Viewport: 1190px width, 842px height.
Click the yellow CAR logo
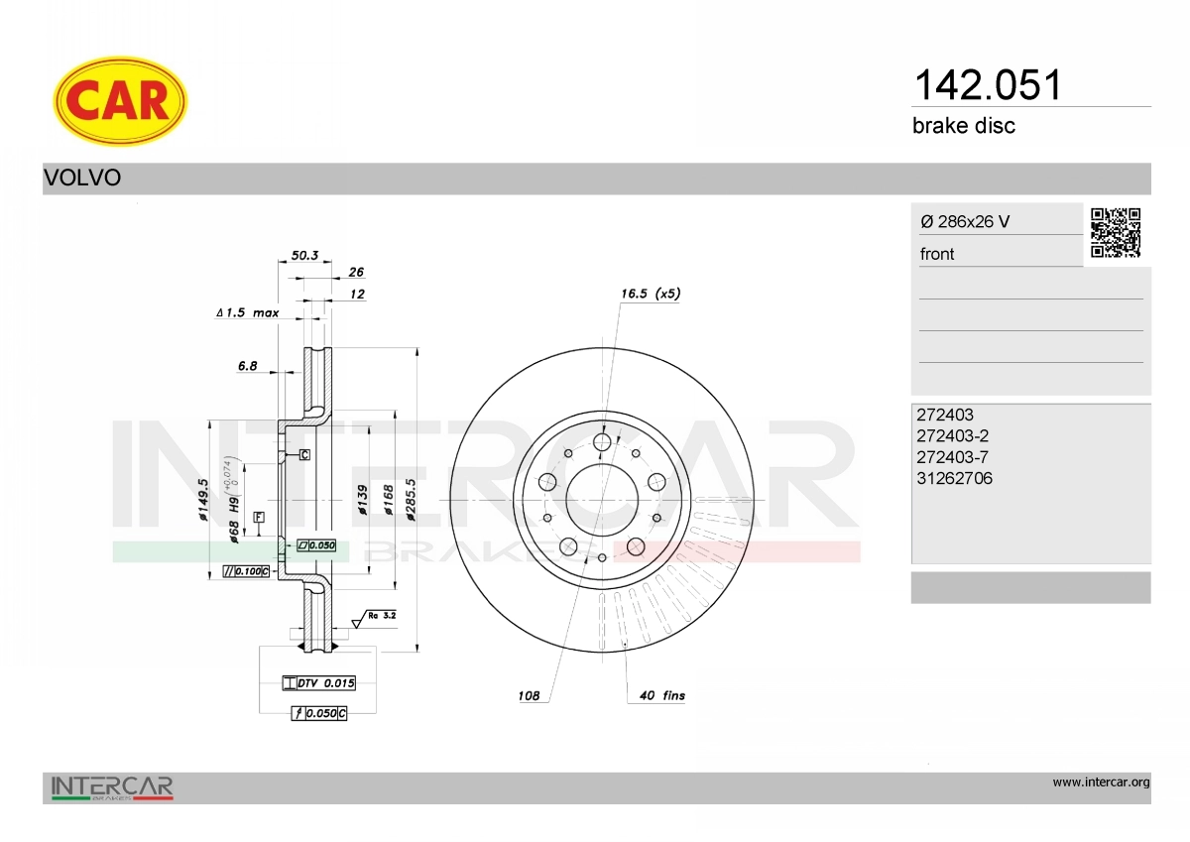[x=120, y=101]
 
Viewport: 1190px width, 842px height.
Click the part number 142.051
[x=987, y=85]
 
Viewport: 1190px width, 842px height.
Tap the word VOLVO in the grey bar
[x=82, y=178]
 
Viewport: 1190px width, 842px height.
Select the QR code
[x=1116, y=233]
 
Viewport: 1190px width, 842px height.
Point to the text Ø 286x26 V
[x=965, y=221]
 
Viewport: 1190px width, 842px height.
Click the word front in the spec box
[x=937, y=254]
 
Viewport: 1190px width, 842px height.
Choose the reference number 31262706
[x=954, y=478]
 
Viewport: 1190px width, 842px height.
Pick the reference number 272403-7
[x=953, y=457]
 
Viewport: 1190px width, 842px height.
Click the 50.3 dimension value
[x=305, y=256]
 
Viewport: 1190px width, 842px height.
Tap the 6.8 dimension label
[x=248, y=366]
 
